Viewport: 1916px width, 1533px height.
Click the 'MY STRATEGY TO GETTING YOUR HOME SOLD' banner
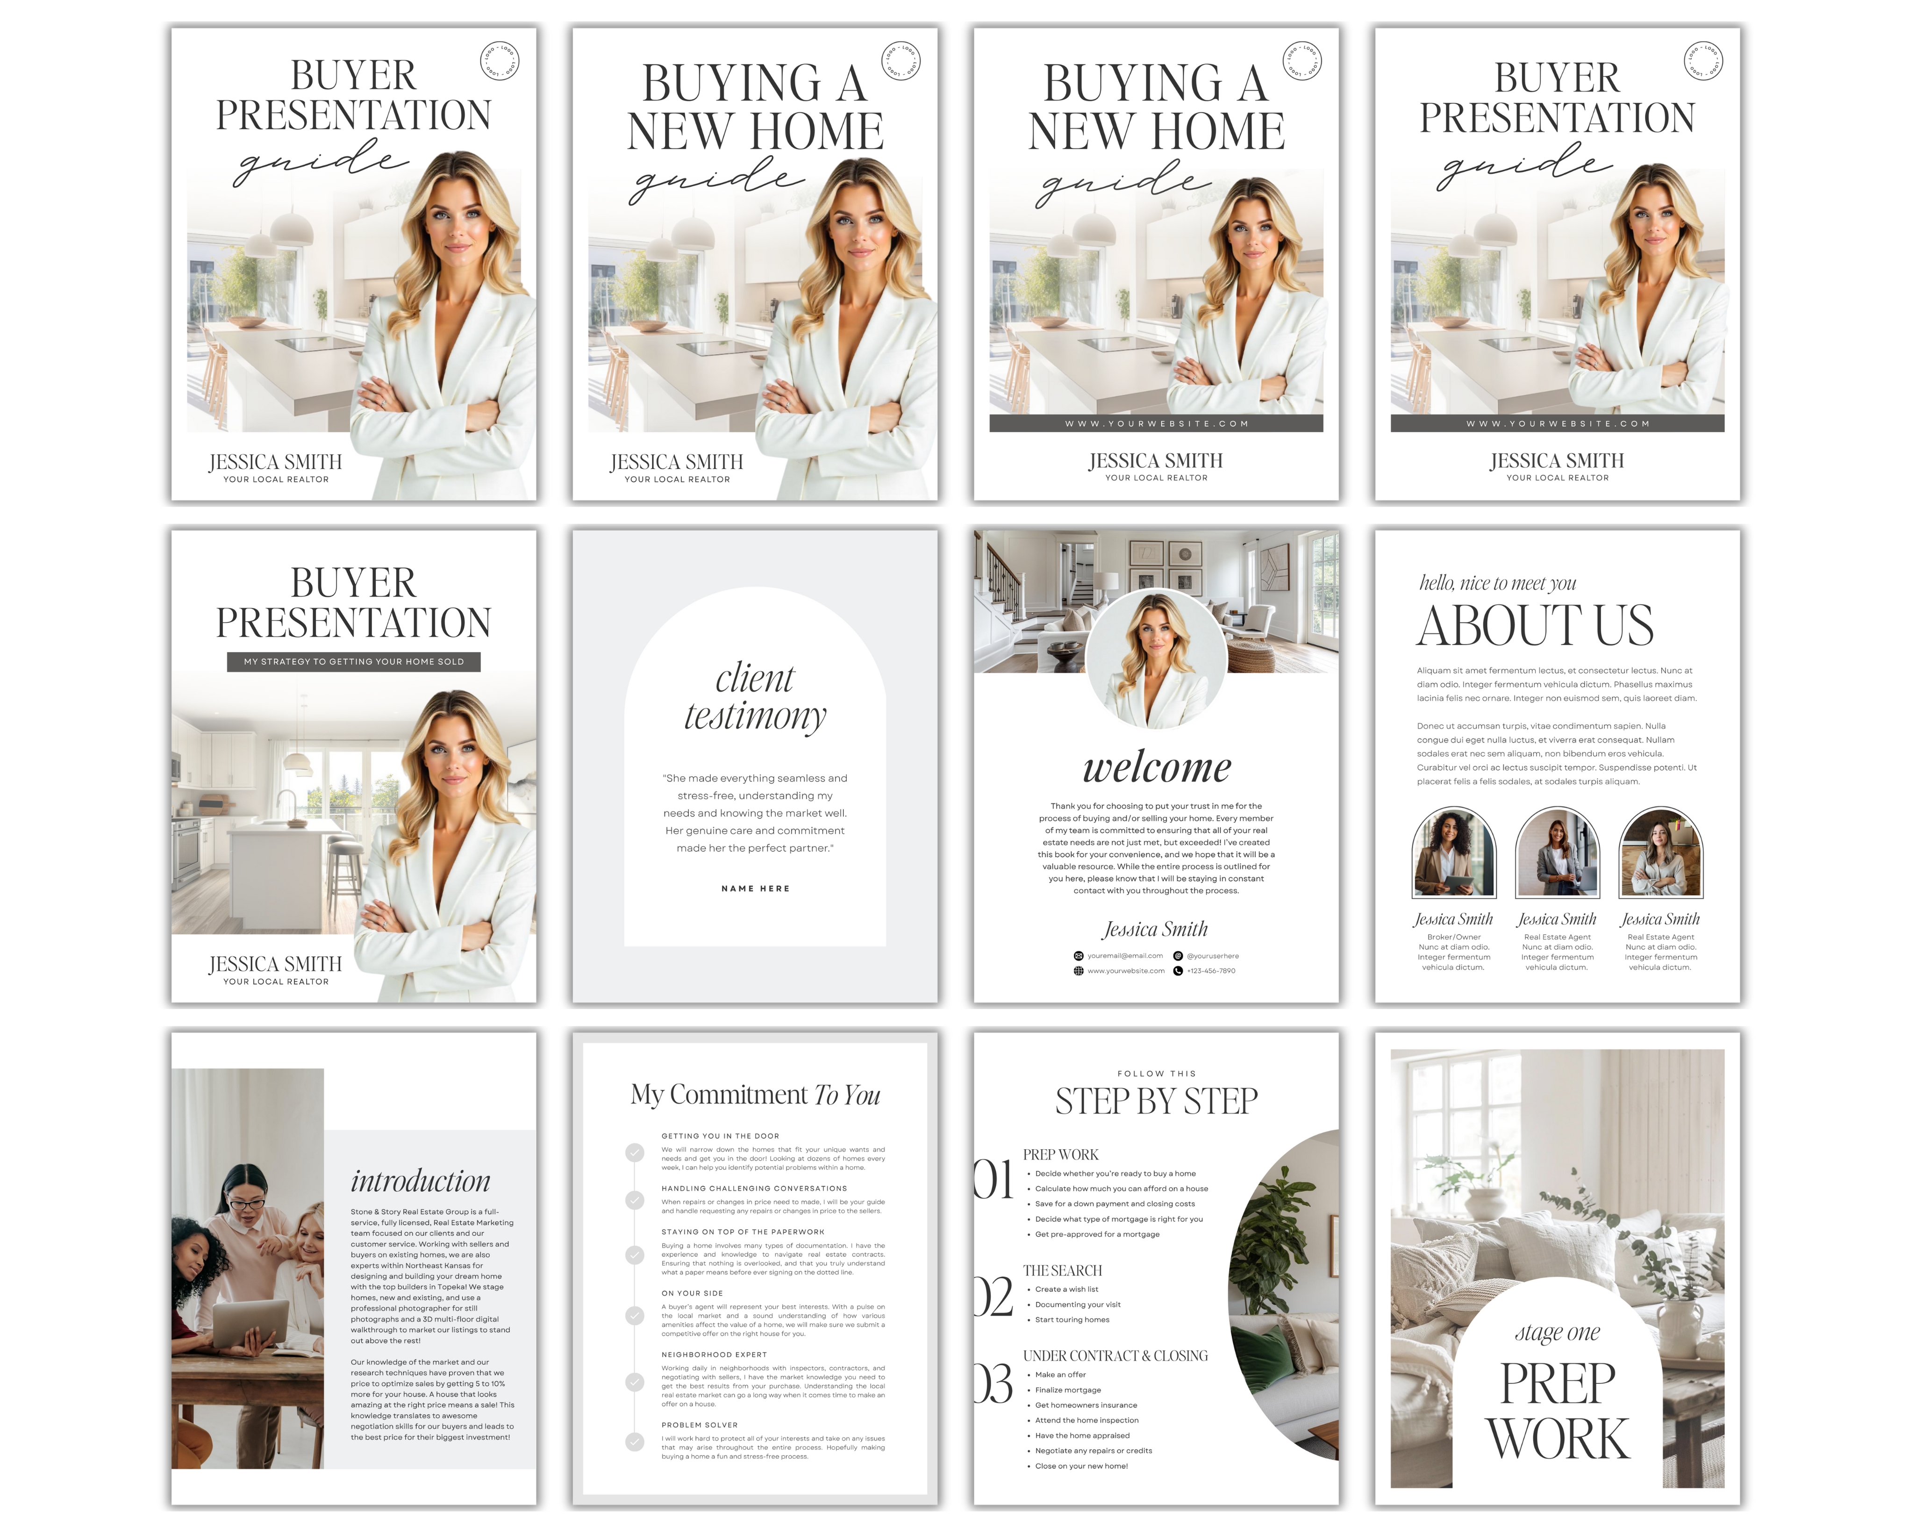click(354, 661)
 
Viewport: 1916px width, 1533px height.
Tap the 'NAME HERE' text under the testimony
click(755, 888)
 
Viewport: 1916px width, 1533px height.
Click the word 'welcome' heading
click(1156, 767)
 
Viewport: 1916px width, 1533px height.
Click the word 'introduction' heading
click(420, 1181)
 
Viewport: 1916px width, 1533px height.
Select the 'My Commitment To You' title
click(755, 1095)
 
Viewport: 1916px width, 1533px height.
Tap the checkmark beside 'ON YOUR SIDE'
click(635, 1315)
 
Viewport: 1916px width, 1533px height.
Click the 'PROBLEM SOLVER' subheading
click(700, 1425)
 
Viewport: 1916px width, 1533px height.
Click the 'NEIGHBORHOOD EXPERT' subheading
click(714, 1354)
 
